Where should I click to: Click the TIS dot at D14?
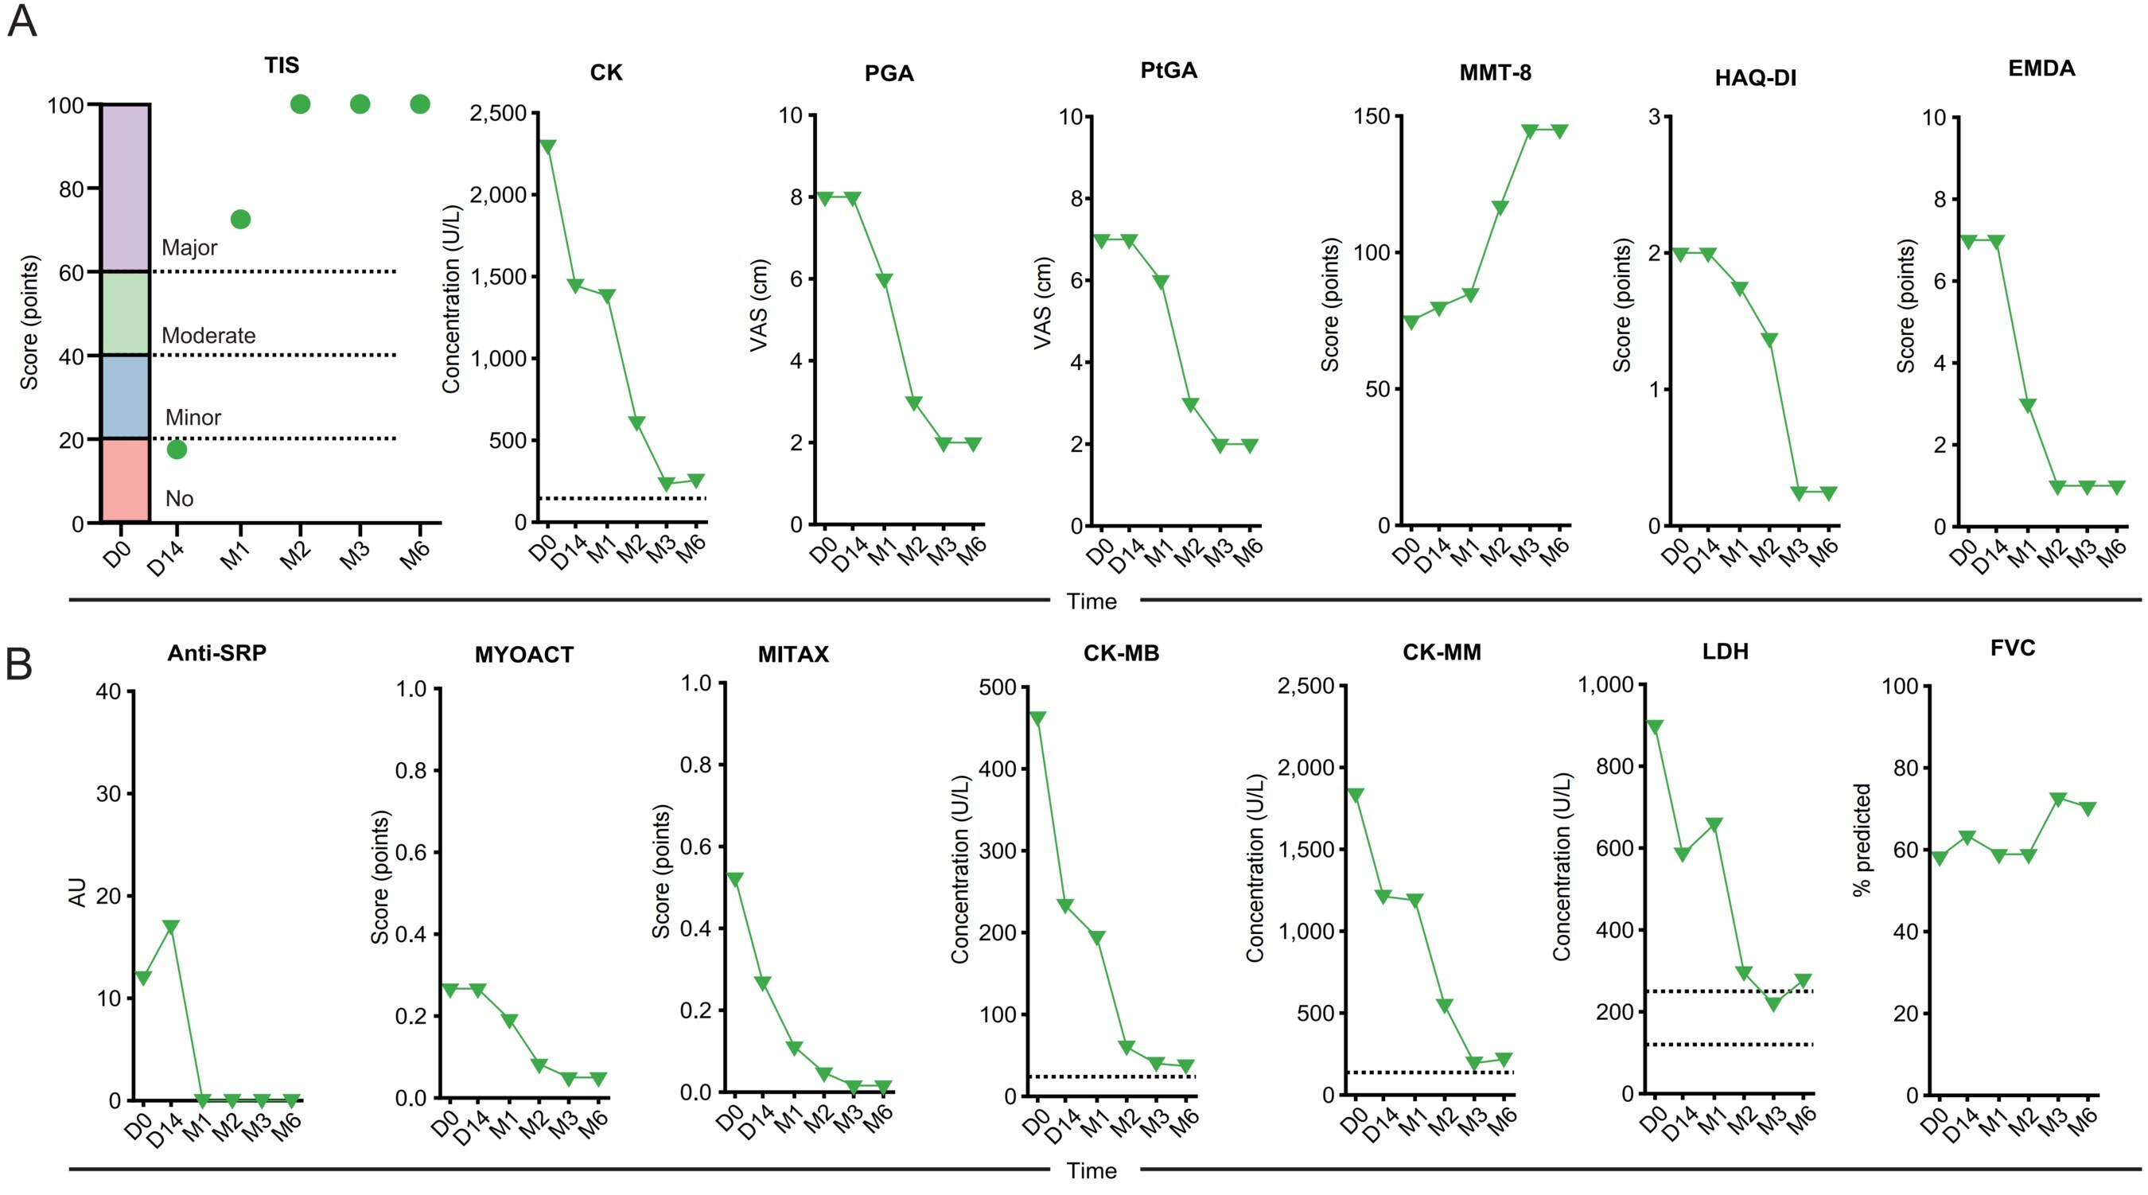[177, 450]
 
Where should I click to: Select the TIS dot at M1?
[240, 220]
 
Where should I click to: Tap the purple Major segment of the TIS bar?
[125, 188]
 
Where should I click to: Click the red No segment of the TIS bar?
[125, 481]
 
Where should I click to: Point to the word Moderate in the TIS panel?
[208, 335]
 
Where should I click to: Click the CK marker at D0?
[547, 146]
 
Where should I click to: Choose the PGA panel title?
[889, 73]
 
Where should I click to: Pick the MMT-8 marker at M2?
[1500, 208]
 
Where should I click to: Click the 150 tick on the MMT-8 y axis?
[1372, 116]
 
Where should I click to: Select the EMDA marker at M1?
[2027, 405]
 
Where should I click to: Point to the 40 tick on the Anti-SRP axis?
[108, 691]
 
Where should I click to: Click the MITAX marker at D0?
[735, 879]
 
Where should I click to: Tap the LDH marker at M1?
[1714, 825]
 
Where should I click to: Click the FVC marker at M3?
[2058, 800]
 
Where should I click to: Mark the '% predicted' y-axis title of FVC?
[1862, 839]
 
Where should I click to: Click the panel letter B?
[19, 664]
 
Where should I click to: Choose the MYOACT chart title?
[523, 655]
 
